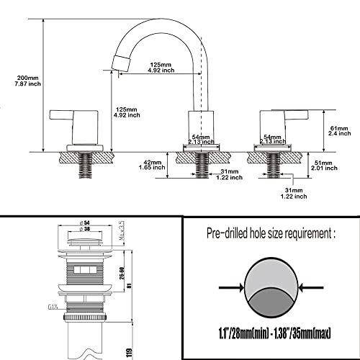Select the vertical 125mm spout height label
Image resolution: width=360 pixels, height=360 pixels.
pos(127,113)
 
